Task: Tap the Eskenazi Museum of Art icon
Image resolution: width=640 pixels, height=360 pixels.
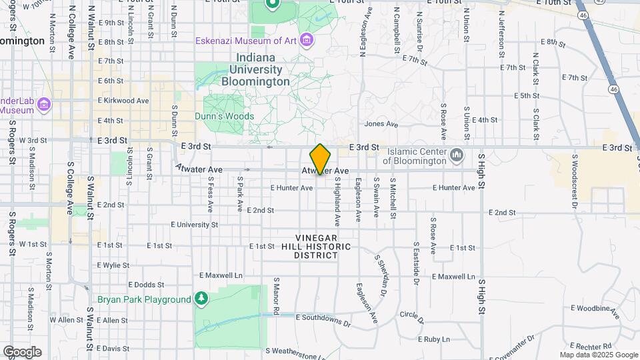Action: click(306, 41)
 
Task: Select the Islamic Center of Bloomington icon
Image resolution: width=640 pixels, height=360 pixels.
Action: click(457, 155)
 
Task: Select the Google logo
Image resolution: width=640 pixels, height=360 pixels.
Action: click(22, 351)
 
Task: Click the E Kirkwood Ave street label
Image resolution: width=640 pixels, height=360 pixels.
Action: click(123, 101)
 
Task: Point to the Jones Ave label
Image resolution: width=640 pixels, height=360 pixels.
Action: click(381, 124)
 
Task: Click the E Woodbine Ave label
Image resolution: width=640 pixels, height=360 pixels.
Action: click(595, 308)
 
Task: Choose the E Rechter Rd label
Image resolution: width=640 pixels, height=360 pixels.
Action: click(589, 347)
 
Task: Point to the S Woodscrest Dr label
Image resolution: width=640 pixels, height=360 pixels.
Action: click(573, 183)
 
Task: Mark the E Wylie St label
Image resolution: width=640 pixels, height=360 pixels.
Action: click(113, 265)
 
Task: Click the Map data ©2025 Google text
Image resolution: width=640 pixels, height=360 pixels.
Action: click(599, 355)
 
